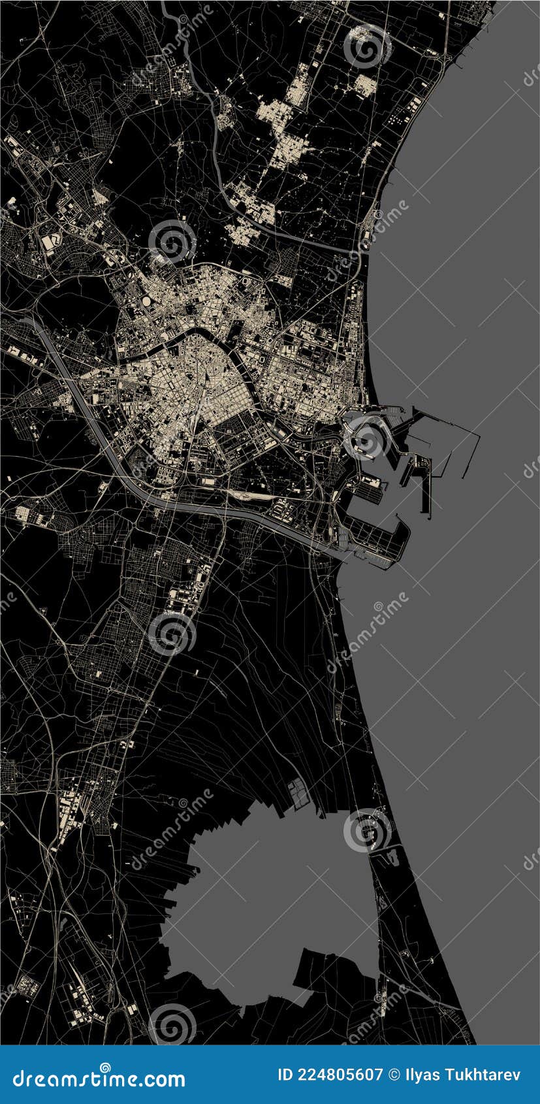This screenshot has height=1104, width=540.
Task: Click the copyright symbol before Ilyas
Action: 394,1075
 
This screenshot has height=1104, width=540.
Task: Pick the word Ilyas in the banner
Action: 421,1075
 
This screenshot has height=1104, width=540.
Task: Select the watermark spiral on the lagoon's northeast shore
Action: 367,830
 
